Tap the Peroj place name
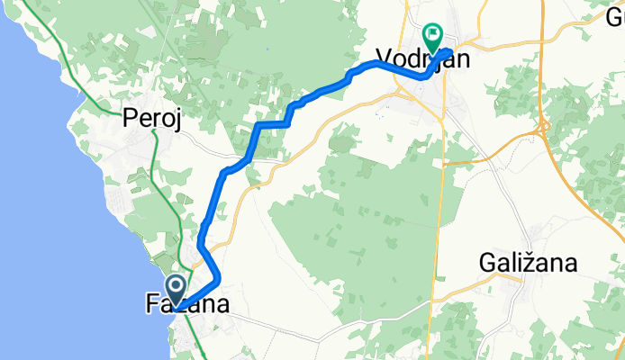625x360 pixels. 153,119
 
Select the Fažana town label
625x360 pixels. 186,305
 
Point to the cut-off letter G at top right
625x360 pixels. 616,15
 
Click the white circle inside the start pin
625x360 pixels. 176,287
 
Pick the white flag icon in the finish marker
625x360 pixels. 434,35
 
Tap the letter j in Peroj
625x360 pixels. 178,121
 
